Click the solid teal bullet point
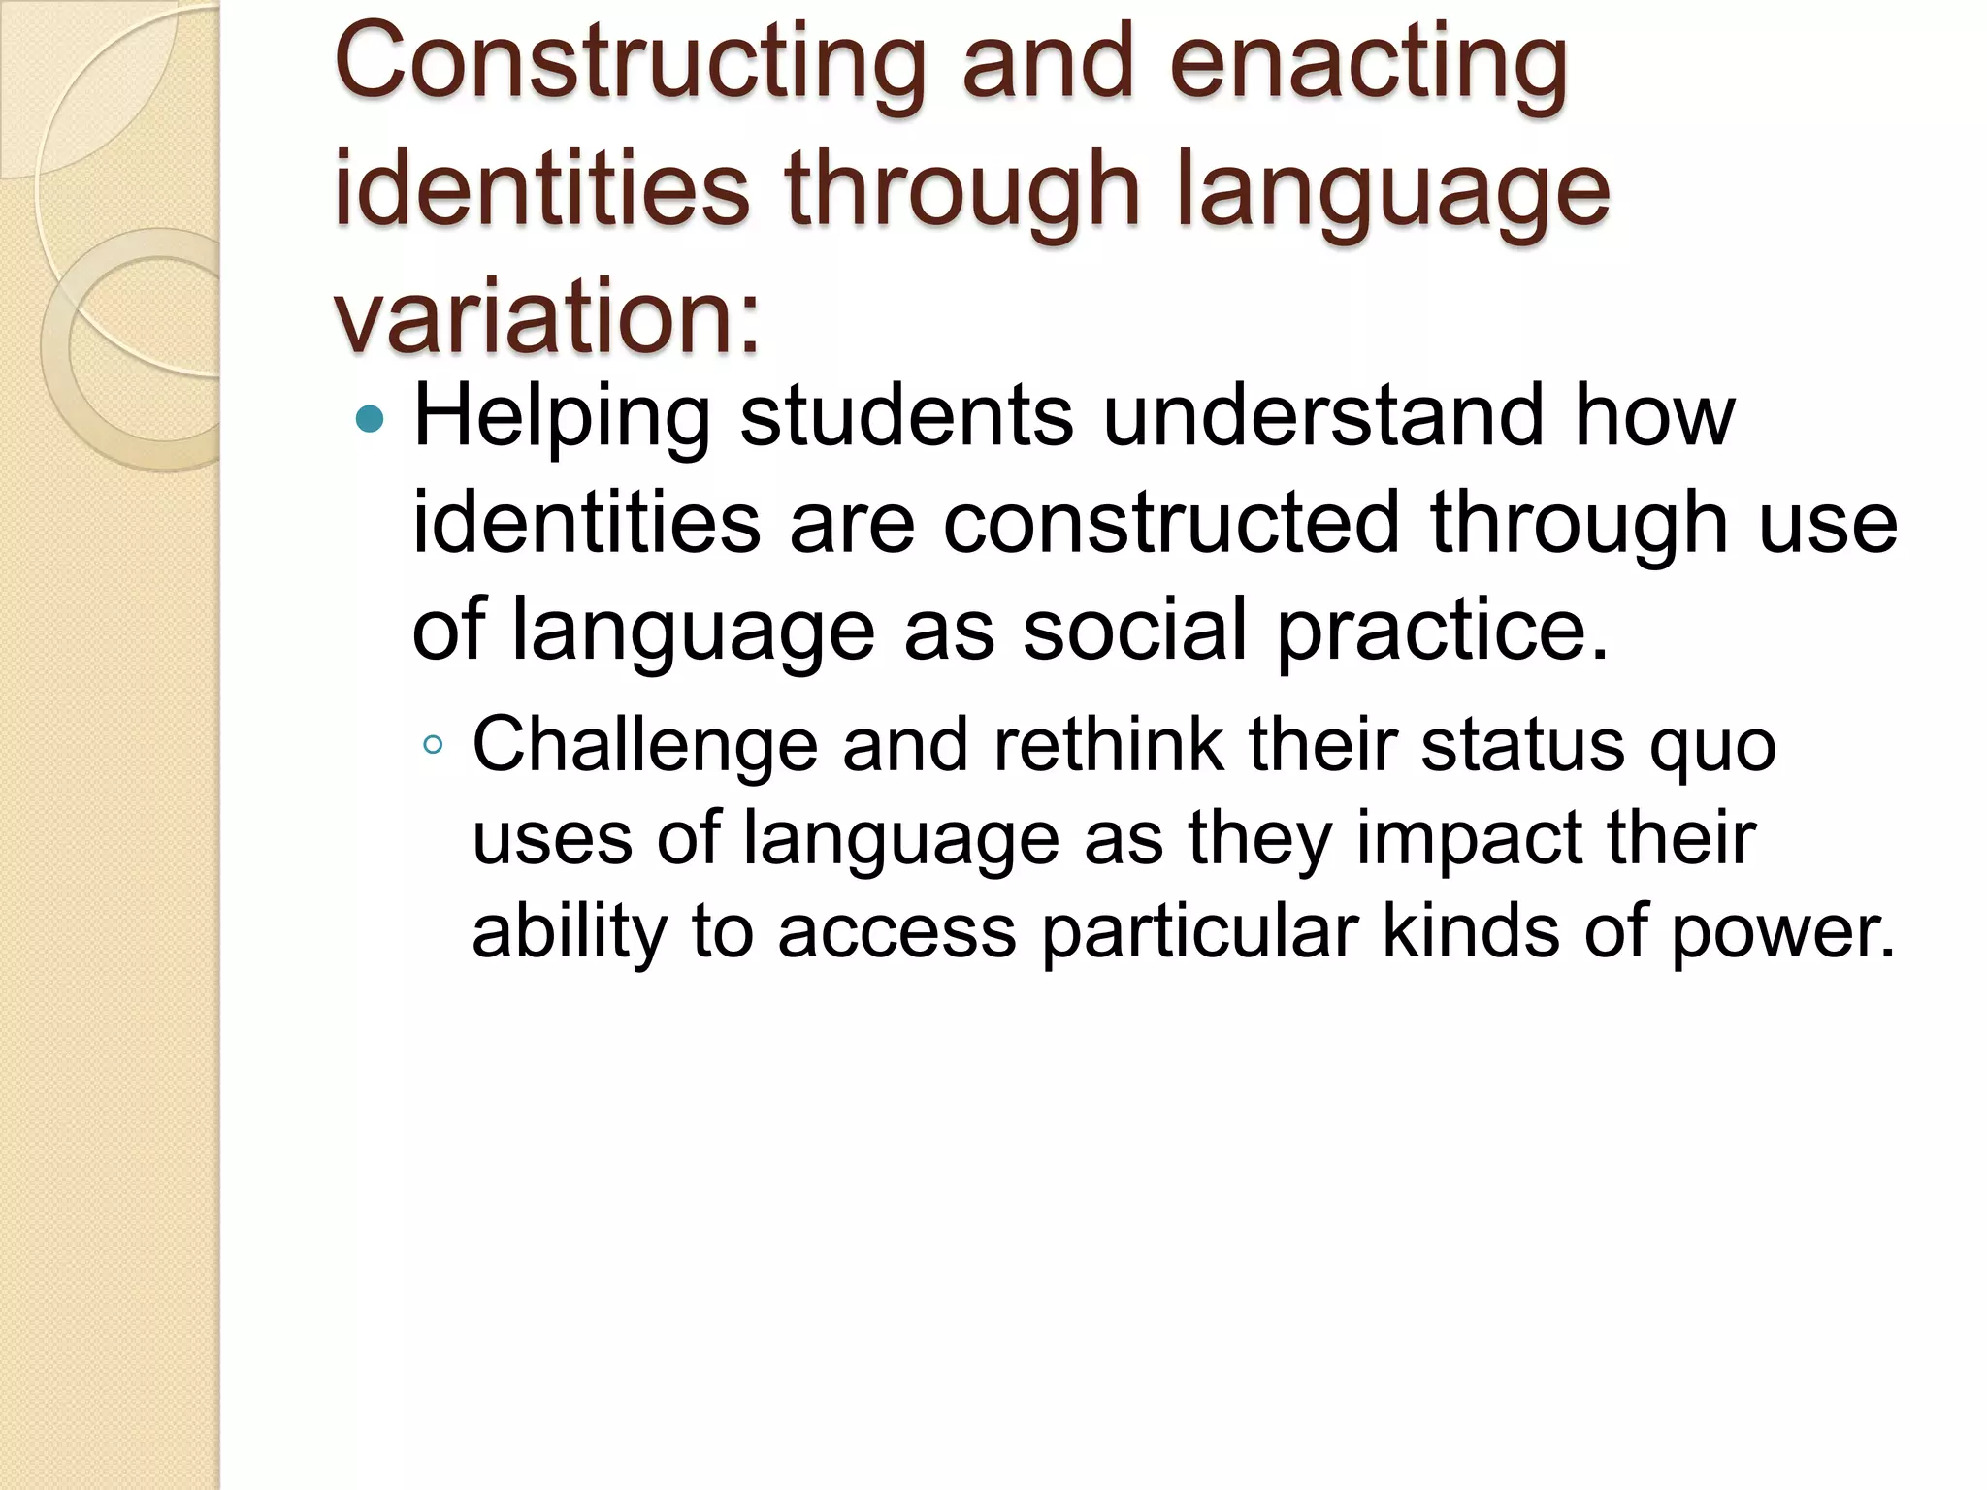(370, 419)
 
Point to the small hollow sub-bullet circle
(433, 745)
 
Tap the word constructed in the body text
(1172, 524)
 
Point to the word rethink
(1108, 745)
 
